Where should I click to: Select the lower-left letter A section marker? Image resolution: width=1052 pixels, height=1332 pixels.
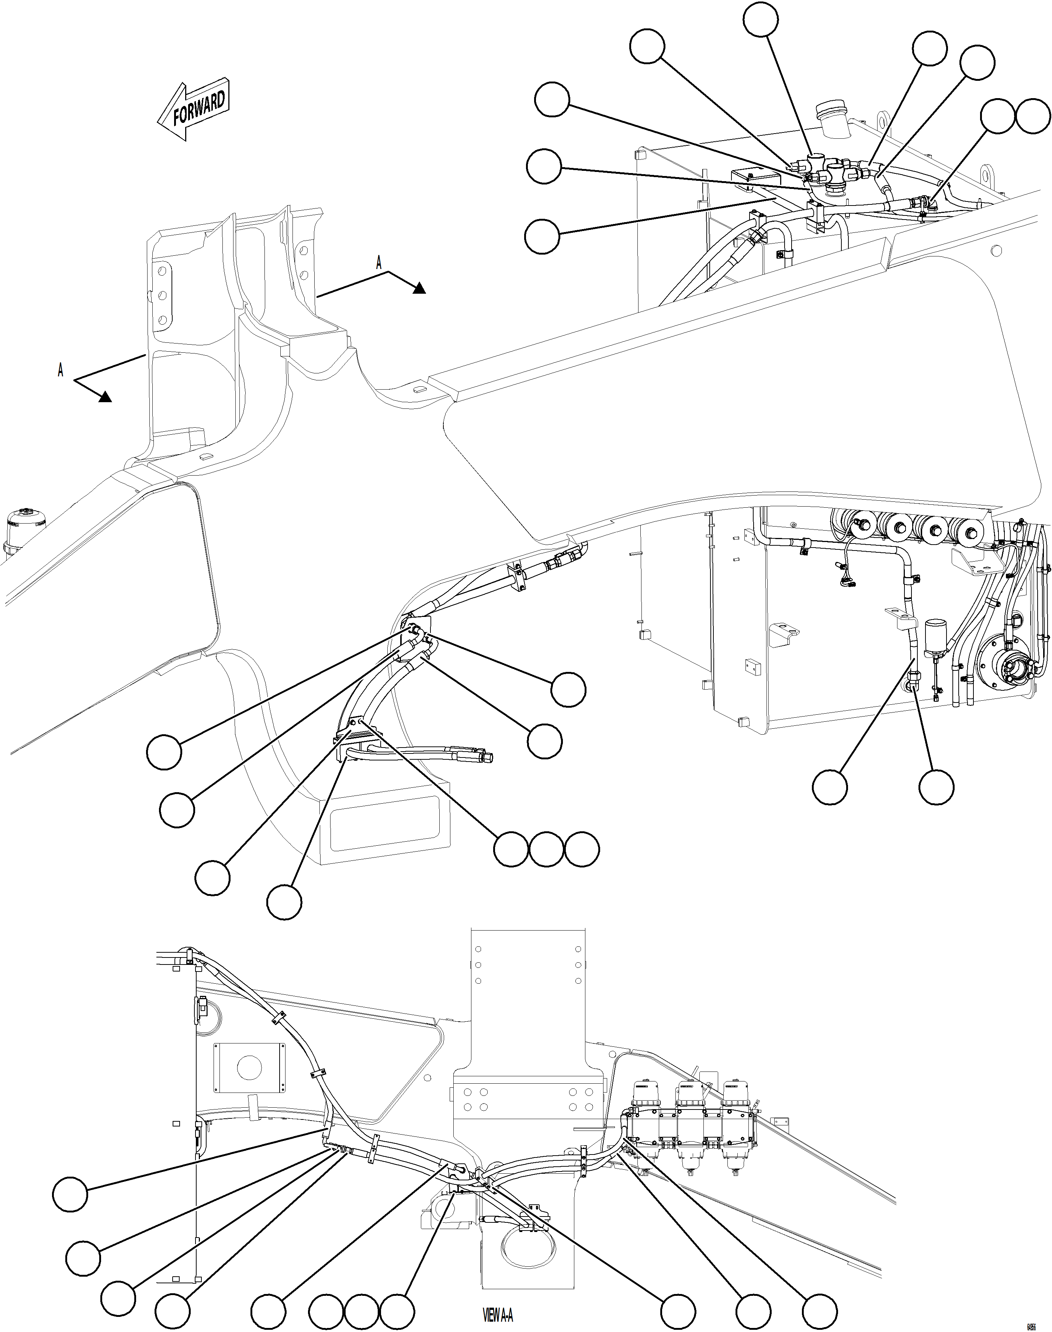60,370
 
